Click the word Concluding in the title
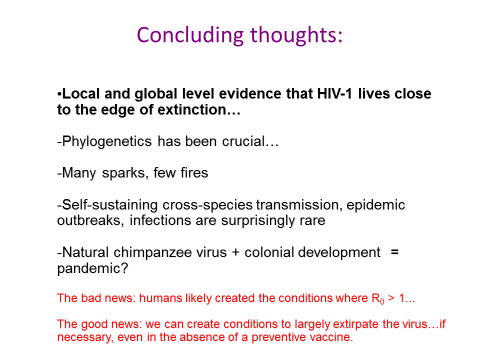190,35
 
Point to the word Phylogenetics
106,141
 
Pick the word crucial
243,141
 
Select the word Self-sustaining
110,205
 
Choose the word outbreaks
89,220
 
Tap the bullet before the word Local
59,94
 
